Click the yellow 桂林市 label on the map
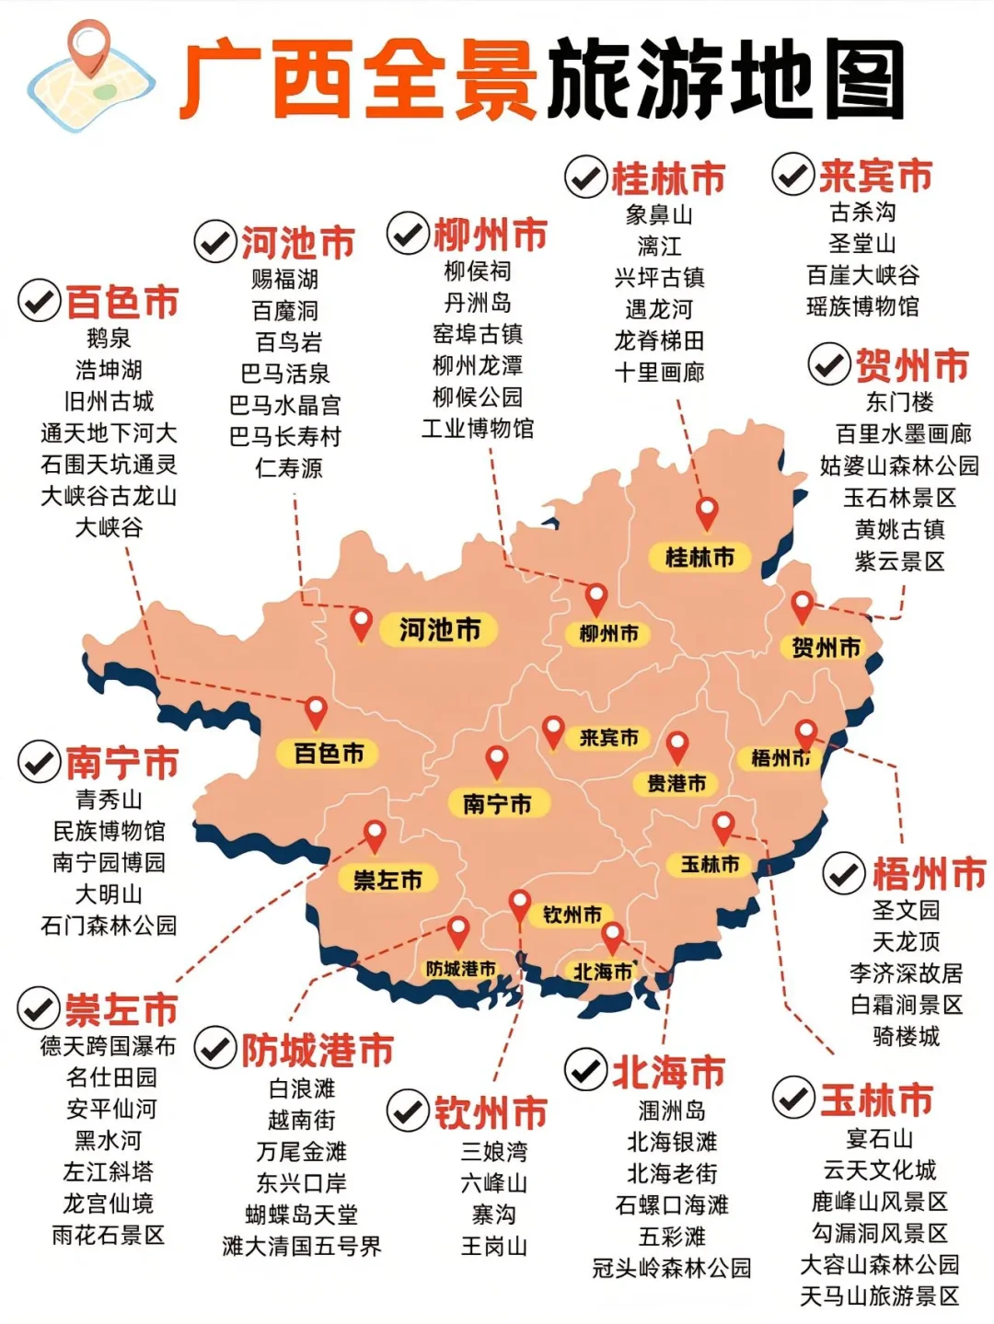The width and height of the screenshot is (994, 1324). pyautogui.click(x=699, y=557)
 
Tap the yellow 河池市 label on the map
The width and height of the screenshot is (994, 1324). pyautogui.click(x=440, y=630)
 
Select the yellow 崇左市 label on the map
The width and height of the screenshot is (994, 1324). pyautogui.click(x=387, y=881)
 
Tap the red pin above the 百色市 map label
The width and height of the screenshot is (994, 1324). pyautogui.click(x=316, y=712)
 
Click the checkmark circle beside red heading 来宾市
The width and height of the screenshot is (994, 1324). pyautogui.click(x=792, y=175)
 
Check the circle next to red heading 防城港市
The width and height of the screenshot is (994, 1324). pyautogui.click(x=215, y=1049)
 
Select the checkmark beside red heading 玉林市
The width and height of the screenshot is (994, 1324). pyautogui.click(x=792, y=1098)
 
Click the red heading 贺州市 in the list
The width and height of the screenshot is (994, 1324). pyautogui.click(x=912, y=365)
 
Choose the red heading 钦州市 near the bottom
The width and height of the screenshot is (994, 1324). pyautogui.click(x=491, y=1112)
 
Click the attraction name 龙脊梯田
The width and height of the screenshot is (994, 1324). pyautogui.click(x=659, y=341)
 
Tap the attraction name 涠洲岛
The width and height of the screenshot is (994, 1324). pyautogui.click(x=672, y=1111)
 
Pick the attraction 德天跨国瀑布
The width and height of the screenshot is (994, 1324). pyautogui.click(x=108, y=1046)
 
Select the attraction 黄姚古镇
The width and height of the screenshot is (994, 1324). pyautogui.click(x=899, y=529)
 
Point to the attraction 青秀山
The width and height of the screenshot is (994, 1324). pyautogui.click(x=109, y=799)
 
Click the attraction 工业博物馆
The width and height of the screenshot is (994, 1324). pyautogui.click(x=478, y=428)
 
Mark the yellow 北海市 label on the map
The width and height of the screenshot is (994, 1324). pyautogui.click(x=603, y=973)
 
